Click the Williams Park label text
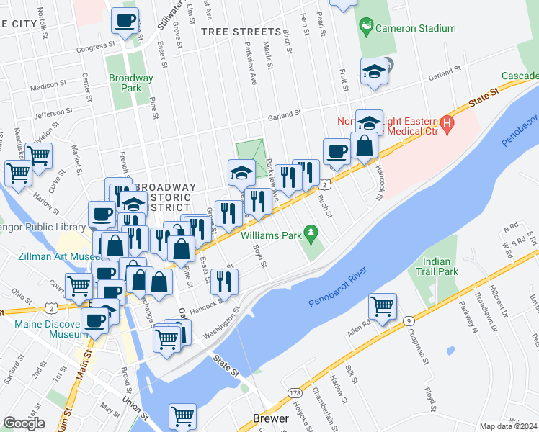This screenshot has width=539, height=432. (x=270, y=235)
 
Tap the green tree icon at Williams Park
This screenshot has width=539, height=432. (x=311, y=233)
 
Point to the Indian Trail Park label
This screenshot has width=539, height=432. (x=437, y=266)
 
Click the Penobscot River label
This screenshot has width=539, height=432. (x=337, y=287)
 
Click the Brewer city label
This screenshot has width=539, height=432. (x=270, y=418)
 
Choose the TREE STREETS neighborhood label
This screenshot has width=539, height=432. (x=241, y=32)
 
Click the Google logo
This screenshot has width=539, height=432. (x=24, y=423)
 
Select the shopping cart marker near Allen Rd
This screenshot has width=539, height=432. (x=382, y=305)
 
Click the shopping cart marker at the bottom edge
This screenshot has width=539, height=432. (x=182, y=415)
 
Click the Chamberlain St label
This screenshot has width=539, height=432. (x=321, y=405)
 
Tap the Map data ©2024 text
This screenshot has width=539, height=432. (x=508, y=426)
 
